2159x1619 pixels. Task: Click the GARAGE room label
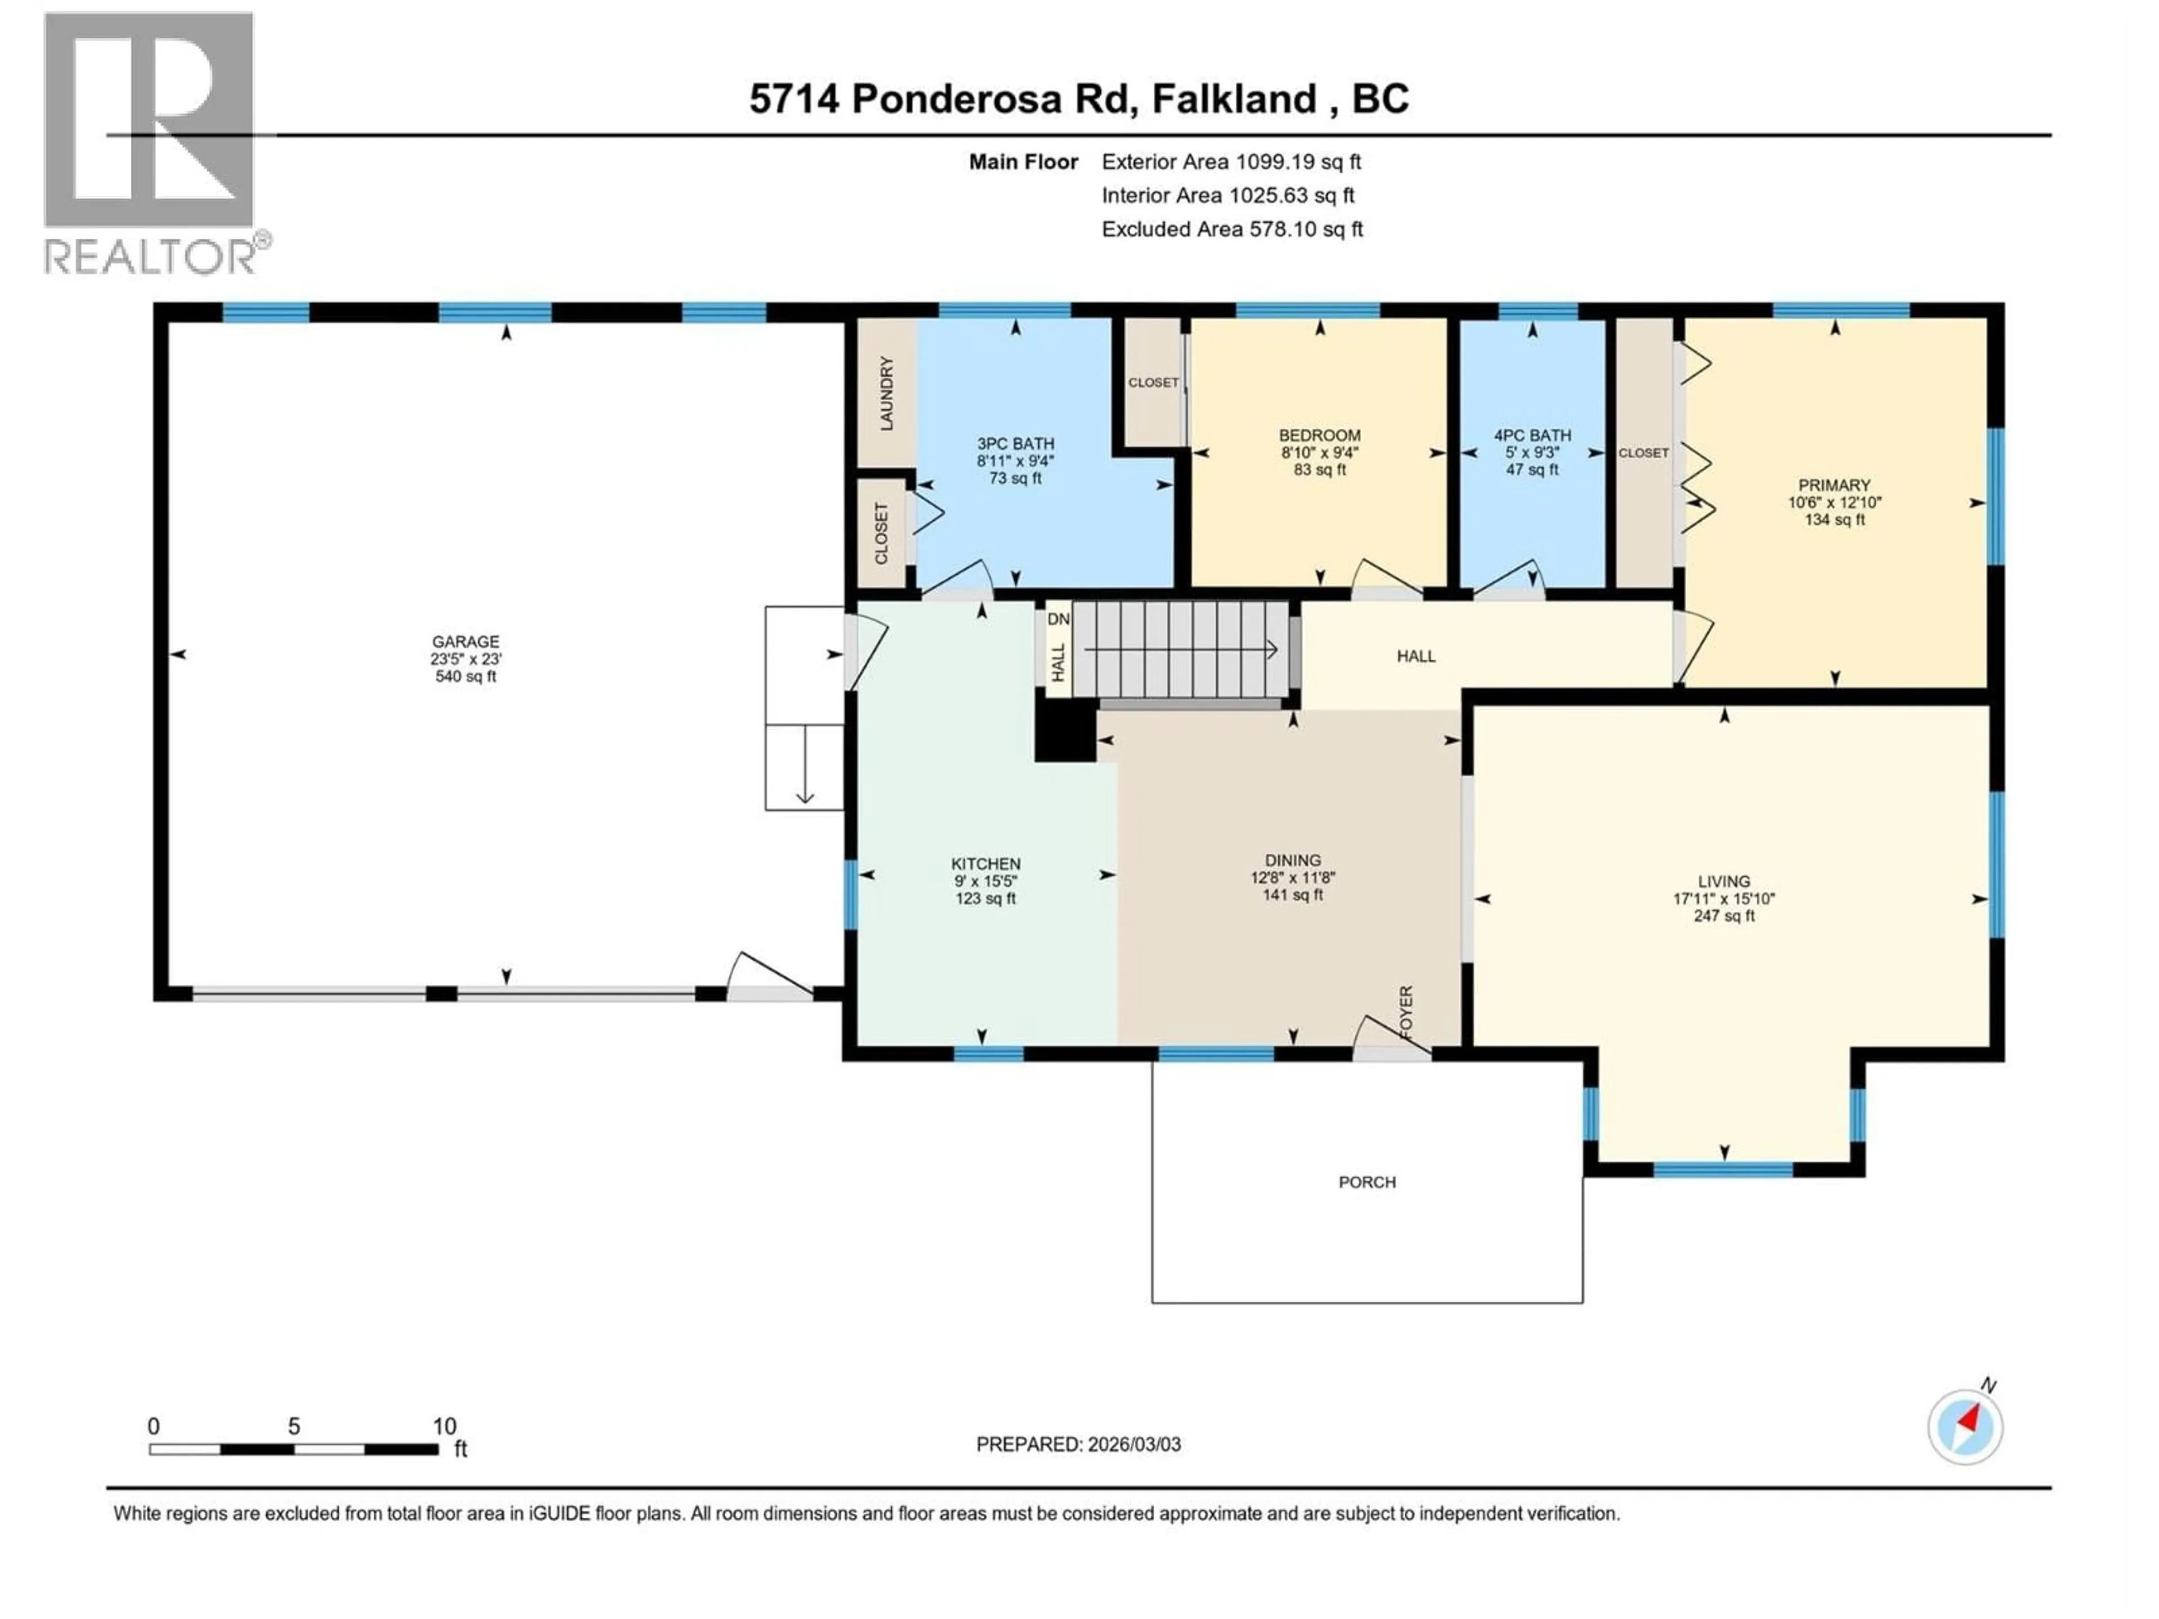pyautogui.click(x=466, y=641)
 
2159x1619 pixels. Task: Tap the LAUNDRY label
pyautogui.click(x=886, y=394)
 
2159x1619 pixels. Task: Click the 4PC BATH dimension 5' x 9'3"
pyautogui.click(x=1532, y=453)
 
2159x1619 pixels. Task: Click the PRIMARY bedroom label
pyautogui.click(x=1834, y=485)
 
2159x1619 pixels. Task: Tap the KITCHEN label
pyautogui.click(x=986, y=863)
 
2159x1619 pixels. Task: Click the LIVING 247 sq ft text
pyautogui.click(x=1724, y=915)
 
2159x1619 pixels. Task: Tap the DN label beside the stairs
pyautogui.click(x=1058, y=619)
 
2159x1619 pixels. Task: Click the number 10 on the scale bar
pyautogui.click(x=444, y=1426)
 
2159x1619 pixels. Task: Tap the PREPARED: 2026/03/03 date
pyautogui.click(x=1078, y=1444)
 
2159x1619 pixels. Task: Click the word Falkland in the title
pyautogui.click(x=1234, y=98)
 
